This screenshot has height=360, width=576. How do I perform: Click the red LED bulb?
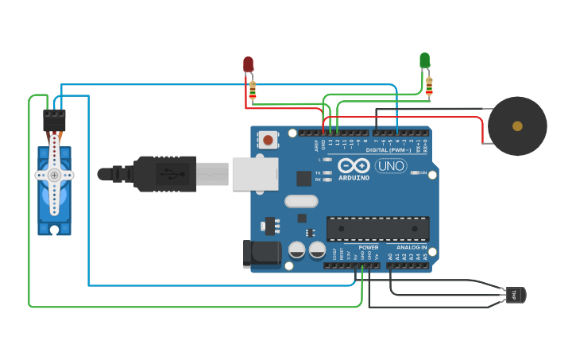tap(248, 64)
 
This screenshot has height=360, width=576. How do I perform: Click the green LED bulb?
tap(424, 60)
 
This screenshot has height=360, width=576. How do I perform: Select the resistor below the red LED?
tap(253, 90)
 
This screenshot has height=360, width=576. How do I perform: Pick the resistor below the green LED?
tap(429, 84)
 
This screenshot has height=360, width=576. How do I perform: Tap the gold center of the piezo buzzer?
tap(517, 126)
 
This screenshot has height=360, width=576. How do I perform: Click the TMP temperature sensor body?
tap(515, 295)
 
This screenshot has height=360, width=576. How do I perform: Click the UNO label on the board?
tap(390, 165)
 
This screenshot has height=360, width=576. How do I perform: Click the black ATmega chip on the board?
tap(377, 229)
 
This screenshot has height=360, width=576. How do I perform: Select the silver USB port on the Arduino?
tap(254, 174)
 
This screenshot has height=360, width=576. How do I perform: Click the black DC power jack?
tap(261, 254)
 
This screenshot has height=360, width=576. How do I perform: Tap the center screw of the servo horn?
tap(54, 174)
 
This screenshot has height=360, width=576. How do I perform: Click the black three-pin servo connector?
tap(54, 120)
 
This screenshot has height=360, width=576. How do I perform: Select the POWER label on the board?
tap(368, 247)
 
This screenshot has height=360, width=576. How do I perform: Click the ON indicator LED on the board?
tap(414, 172)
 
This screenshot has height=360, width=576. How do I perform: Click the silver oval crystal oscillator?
tap(300, 201)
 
